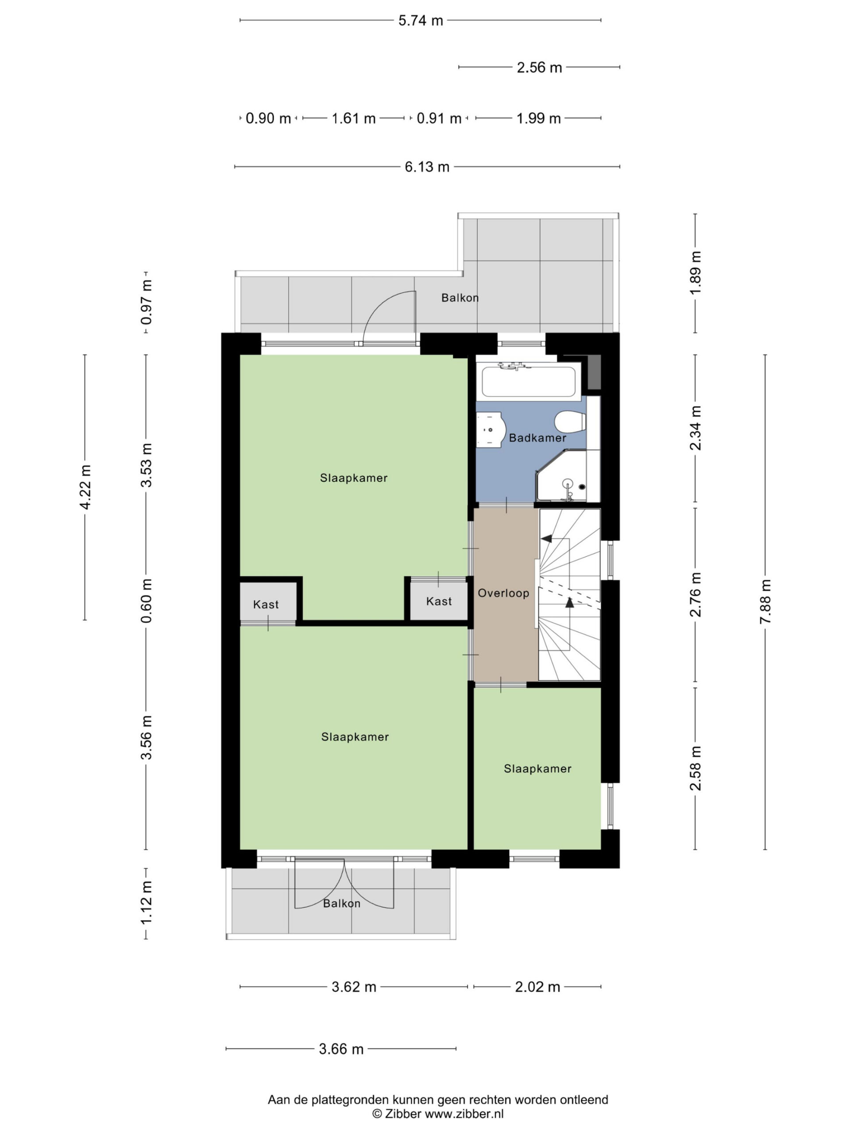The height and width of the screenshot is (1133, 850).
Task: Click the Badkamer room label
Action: pyautogui.click(x=537, y=438)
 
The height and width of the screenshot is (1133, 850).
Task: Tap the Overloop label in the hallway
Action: pyautogui.click(x=503, y=593)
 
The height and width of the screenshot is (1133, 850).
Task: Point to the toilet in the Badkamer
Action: pyautogui.click(x=570, y=422)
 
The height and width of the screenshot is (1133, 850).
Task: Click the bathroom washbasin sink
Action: pyautogui.click(x=491, y=429)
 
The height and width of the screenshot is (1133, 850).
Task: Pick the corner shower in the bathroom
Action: pyautogui.click(x=561, y=476)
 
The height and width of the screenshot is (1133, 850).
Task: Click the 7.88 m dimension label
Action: pyautogui.click(x=765, y=601)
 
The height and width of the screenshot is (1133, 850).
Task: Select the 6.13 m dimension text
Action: pyautogui.click(x=427, y=167)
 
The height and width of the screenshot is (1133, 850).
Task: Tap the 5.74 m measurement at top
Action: pyautogui.click(x=421, y=20)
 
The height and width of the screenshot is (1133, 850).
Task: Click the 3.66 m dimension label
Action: pyautogui.click(x=341, y=1049)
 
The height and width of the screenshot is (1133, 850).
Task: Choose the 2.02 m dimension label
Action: pyautogui.click(x=537, y=987)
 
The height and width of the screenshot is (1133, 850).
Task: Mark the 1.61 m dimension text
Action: pyautogui.click(x=354, y=119)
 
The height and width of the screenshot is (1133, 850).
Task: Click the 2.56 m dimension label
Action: pyautogui.click(x=540, y=68)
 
